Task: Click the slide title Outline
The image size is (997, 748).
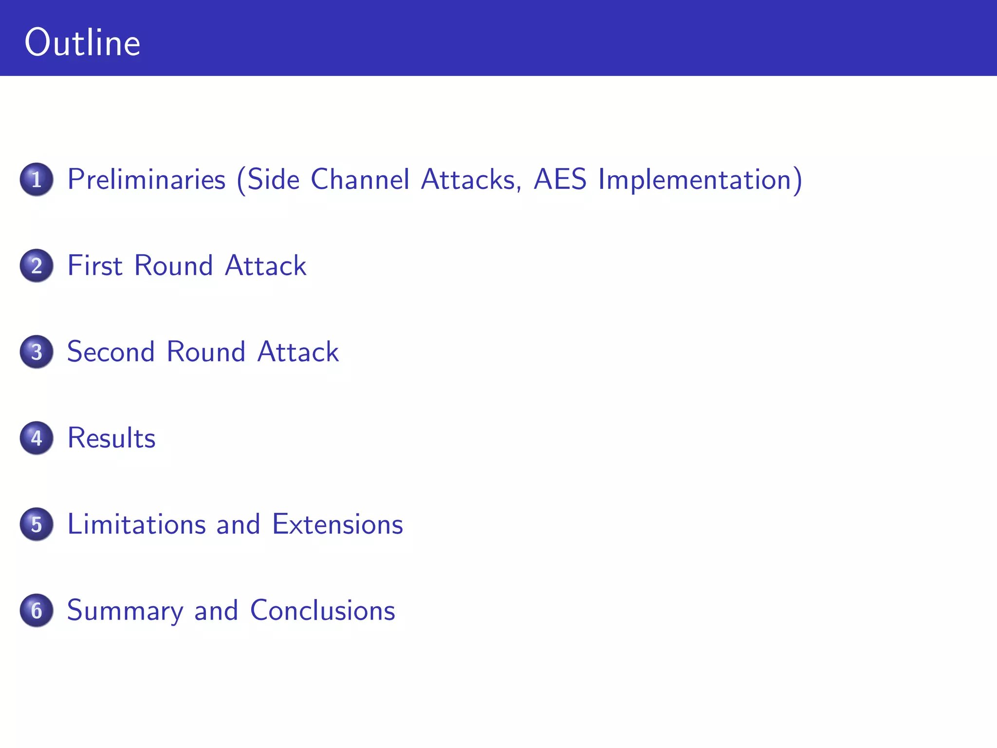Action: tap(82, 43)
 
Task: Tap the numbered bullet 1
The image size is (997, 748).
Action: tap(37, 179)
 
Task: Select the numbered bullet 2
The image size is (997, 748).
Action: tap(37, 265)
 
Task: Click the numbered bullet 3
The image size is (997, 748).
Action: tap(37, 352)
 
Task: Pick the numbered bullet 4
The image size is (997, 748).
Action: tap(37, 438)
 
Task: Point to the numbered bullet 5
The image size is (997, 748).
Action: tap(37, 524)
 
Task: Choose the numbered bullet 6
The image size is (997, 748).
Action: tap(37, 610)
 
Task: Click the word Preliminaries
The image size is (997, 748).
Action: tap(147, 179)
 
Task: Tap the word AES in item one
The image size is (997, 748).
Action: tap(560, 179)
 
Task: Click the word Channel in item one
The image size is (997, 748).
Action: tap(360, 179)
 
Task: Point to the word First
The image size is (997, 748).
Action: tap(95, 265)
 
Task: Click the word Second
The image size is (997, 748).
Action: tap(111, 352)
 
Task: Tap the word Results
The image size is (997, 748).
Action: tap(111, 438)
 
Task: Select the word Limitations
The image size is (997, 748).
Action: tap(137, 524)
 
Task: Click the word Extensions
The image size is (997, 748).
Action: tap(337, 524)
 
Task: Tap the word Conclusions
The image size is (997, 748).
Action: tap(322, 610)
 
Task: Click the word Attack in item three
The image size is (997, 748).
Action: tap(298, 352)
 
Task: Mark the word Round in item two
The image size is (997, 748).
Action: tap(174, 265)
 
